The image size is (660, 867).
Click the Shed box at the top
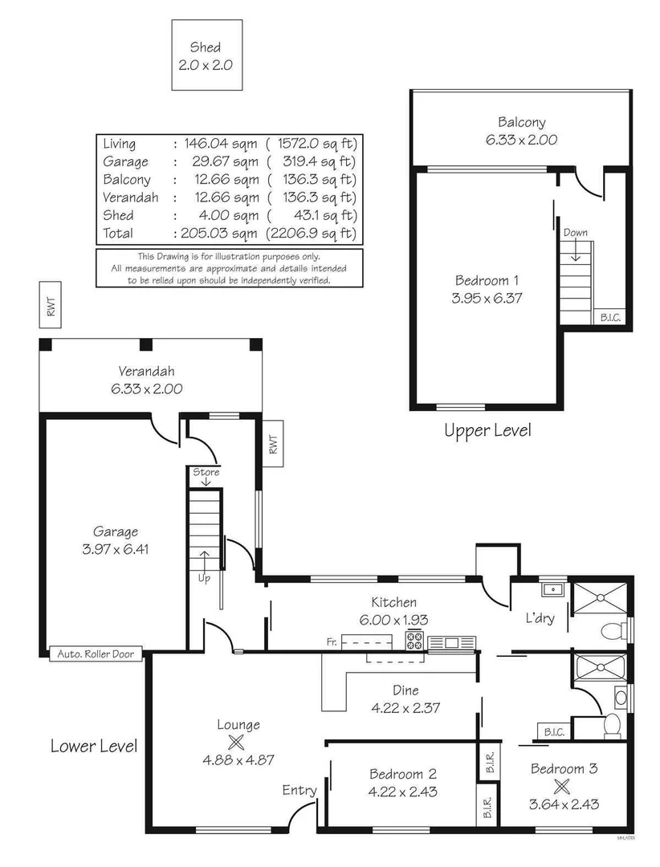206,55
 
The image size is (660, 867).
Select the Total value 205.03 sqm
218,234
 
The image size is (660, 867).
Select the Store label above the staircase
206,472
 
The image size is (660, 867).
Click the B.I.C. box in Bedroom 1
610,317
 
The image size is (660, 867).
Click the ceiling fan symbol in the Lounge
236,741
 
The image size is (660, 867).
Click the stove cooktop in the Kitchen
415,641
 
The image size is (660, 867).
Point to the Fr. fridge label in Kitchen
331,641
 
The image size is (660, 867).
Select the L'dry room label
540,619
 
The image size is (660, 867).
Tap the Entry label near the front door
299,791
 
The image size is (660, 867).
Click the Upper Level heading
487,431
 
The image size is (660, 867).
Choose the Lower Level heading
93,746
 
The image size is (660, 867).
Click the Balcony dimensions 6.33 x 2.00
521,139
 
